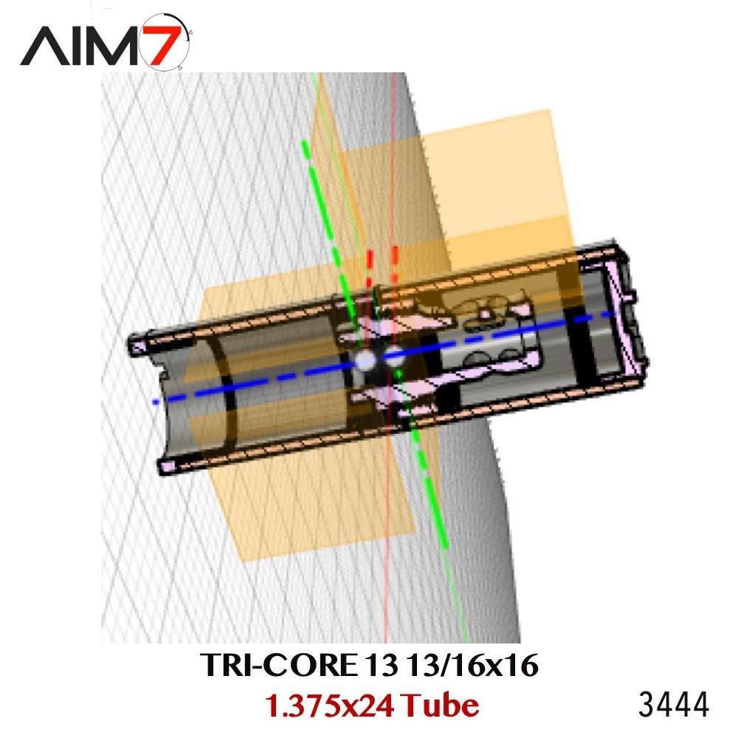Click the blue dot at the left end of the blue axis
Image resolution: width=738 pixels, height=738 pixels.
[155, 402]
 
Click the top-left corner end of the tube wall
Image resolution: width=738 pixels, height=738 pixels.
[137, 344]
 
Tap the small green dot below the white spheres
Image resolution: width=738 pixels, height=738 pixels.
[398, 376]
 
